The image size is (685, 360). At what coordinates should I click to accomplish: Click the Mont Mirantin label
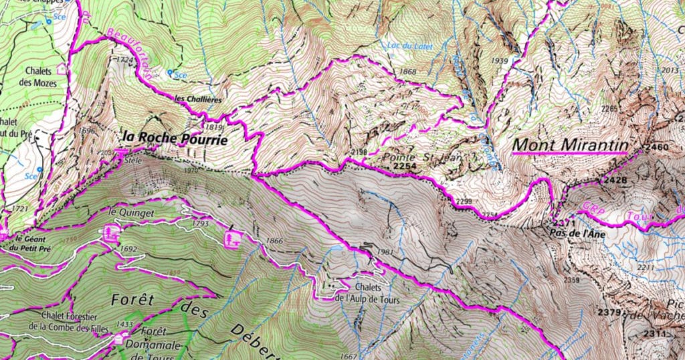pos(570,145)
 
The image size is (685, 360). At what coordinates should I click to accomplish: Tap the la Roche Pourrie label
pos(174,140)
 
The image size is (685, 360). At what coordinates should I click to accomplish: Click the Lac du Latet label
pos(410,46)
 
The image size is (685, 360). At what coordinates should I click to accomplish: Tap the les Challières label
pos(197,99)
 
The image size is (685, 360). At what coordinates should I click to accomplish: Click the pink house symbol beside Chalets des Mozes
pos(63,68)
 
